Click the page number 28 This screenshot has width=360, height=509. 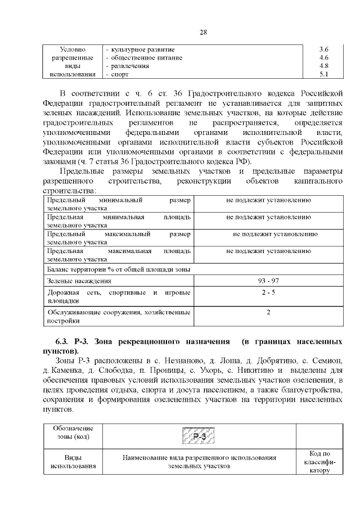click(x=204, y=32)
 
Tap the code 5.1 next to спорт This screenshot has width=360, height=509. click(x=323, y=74)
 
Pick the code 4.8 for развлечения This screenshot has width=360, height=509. click(x=323, y=66)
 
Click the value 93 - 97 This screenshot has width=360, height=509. click(x=268, y=281)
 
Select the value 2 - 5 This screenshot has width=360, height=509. click(x=268, y=292)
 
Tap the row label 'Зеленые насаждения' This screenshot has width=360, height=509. click(x=79, y=281)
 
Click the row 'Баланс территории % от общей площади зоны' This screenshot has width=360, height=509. click(x=119, y=269)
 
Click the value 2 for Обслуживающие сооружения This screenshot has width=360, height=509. click(x=268, y=312)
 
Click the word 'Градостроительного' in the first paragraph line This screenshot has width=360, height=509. click(x=226, y=92)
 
